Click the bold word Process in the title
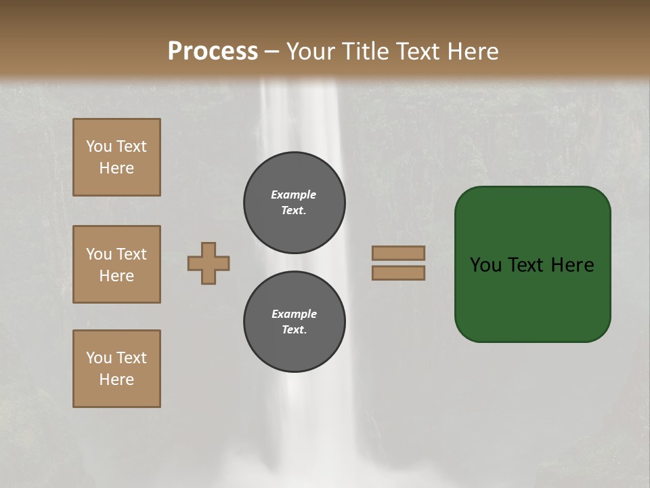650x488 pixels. coord(213,52)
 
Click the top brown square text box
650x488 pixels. coord(116,157)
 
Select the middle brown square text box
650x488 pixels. coord(116,264)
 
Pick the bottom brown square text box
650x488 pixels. coord(116,369)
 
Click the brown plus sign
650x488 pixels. coord(209,263)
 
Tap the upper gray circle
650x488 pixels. coord(295,203)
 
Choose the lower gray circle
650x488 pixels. coord(295,322)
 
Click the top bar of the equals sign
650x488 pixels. coord(398,253)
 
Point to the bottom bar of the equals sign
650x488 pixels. coord(398,273)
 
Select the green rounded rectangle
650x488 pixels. coord(532,298)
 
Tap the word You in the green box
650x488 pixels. coord(485,265)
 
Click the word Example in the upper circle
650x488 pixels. coord(293,195)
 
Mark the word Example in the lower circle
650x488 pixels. coord(294,314)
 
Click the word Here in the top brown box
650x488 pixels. coord(116,168)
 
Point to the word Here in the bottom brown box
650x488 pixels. coord(116,380)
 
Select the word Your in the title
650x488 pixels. coord(309,52)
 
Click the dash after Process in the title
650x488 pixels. coord(272,52)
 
